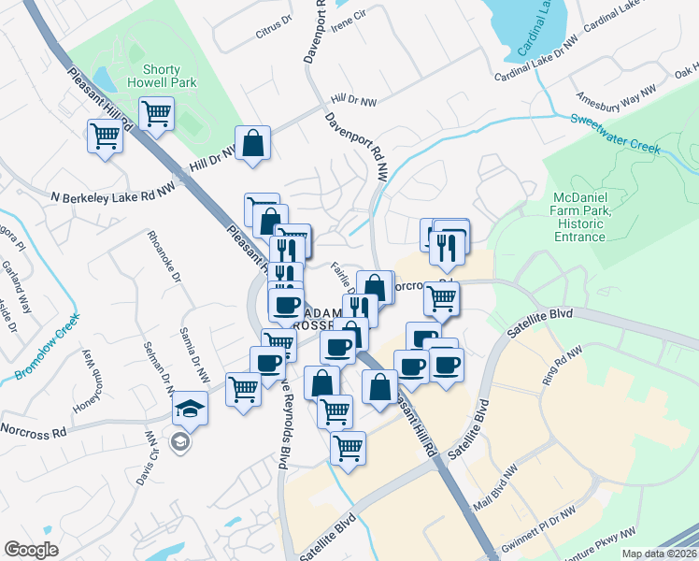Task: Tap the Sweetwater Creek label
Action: coord(616,135)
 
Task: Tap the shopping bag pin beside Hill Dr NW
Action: coord(252,144)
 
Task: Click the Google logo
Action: coord(31,550)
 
